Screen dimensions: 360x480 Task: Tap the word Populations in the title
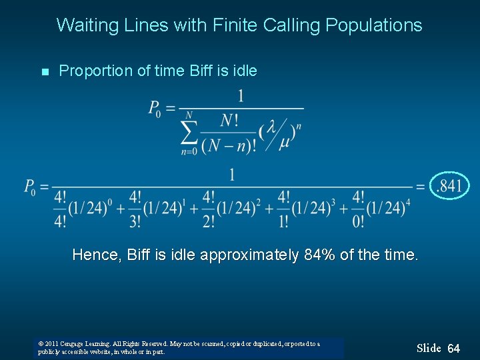[x=374, y=25]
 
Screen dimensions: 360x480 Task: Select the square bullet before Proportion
[x=45, y=72]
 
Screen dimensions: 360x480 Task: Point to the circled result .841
[x=449, y=185]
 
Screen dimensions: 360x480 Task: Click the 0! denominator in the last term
[x=358, y=219]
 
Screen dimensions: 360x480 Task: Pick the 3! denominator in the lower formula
[x=135, y=219]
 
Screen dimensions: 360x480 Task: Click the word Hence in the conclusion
[x=94, y=255]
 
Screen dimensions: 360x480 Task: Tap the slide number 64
[x=454, y=349]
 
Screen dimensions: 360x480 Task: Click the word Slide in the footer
[x=429, y=348]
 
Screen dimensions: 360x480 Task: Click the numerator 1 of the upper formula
[x=240, y=97]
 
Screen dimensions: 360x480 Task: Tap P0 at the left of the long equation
[x=31, y=187]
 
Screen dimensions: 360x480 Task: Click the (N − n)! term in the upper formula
[x=229, y=145]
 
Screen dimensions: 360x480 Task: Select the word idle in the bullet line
[x=243, y=71]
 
